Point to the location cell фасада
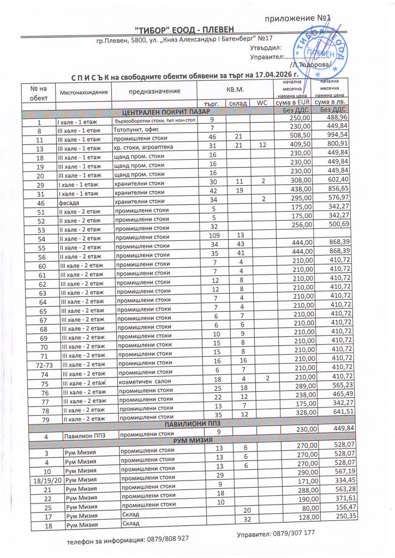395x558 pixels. pos(68,202)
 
